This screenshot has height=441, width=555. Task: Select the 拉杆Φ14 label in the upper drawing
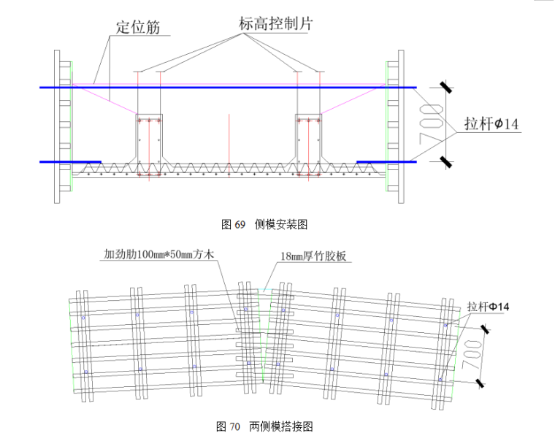click(x=491, y=125)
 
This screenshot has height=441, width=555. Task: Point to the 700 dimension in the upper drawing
click(x=431, y=124)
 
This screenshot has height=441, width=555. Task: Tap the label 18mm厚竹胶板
click(x=316, y=256)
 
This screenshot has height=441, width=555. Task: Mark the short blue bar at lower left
click(x=70, y=161)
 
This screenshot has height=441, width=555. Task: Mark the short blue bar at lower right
click(x=386, y=161)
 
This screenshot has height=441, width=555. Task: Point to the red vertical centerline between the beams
click(x=229, y=139)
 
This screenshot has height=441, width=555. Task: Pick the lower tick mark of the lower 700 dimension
click(x=480, y=382)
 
